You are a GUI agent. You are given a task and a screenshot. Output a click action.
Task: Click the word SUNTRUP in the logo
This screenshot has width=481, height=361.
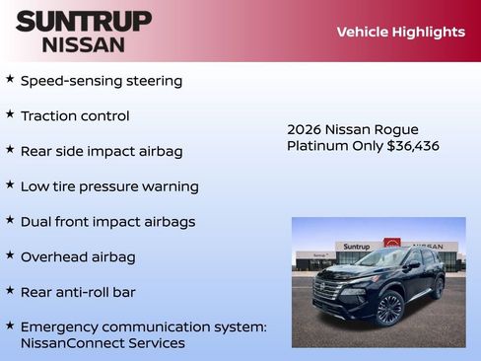point(84,21)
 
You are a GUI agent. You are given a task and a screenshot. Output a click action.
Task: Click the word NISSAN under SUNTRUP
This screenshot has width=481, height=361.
point(84,44)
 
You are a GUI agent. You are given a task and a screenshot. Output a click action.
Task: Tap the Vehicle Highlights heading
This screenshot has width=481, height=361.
point(400,32)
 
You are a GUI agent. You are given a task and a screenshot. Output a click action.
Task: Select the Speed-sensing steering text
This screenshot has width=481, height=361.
point(102,81)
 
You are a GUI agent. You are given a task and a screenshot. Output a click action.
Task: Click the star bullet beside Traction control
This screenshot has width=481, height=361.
point(10,114)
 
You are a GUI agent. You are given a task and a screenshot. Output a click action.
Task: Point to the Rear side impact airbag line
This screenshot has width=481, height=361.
point(102,151)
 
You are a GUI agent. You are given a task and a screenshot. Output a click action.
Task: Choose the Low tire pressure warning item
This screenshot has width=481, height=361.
point(109,186)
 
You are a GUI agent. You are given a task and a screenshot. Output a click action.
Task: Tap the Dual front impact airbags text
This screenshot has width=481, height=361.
point(107,222)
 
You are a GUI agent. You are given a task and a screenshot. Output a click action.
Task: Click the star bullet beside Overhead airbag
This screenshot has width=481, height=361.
point(10,255)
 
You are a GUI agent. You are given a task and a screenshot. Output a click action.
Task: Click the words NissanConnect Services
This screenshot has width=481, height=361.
point(103,343)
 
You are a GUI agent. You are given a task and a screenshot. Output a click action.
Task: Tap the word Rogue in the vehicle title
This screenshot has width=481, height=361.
point(396,129)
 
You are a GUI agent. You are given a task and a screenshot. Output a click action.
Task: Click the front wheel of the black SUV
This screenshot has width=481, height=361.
point(389,309)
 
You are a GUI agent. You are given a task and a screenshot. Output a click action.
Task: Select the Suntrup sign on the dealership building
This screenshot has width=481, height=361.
point(356,247)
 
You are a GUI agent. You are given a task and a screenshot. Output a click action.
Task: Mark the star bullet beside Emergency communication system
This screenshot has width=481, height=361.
point(10,325)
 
